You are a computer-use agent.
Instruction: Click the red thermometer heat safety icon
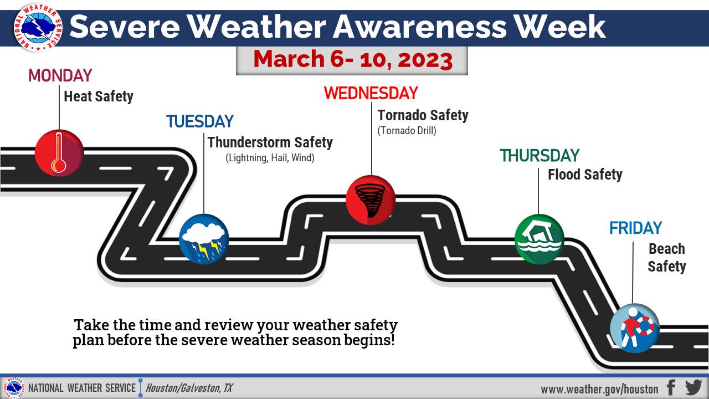[x=59, y=153]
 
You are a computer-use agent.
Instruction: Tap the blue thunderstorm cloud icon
[x=204, y=239]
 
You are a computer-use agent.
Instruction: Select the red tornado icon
[x=371, y=200]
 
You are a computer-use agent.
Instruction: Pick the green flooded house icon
[x=540, y=239]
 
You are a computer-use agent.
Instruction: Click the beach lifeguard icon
[x=635, y=328]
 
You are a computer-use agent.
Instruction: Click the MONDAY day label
[x=60, y=76]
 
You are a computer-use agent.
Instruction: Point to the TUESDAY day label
[x=200, y=121]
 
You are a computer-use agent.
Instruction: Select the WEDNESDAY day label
[x=371, y=93]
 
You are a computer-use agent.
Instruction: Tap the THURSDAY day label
[x=540, y=156]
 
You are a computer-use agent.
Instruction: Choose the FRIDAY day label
[x=635, y=228]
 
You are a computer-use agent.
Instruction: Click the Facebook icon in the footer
[x=671, y=387]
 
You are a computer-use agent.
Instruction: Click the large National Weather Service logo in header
[x=38, y=28]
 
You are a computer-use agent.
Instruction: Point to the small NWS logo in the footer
[x=14, y=387]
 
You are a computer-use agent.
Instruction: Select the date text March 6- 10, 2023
[x=353, y=59]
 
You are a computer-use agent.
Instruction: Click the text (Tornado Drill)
[x=407, y=130]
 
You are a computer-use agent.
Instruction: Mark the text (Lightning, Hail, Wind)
[x=270, y=158]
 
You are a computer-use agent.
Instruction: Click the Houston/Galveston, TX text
[x=189, y=388]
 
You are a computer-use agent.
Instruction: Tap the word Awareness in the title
[x=420, y=27]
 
